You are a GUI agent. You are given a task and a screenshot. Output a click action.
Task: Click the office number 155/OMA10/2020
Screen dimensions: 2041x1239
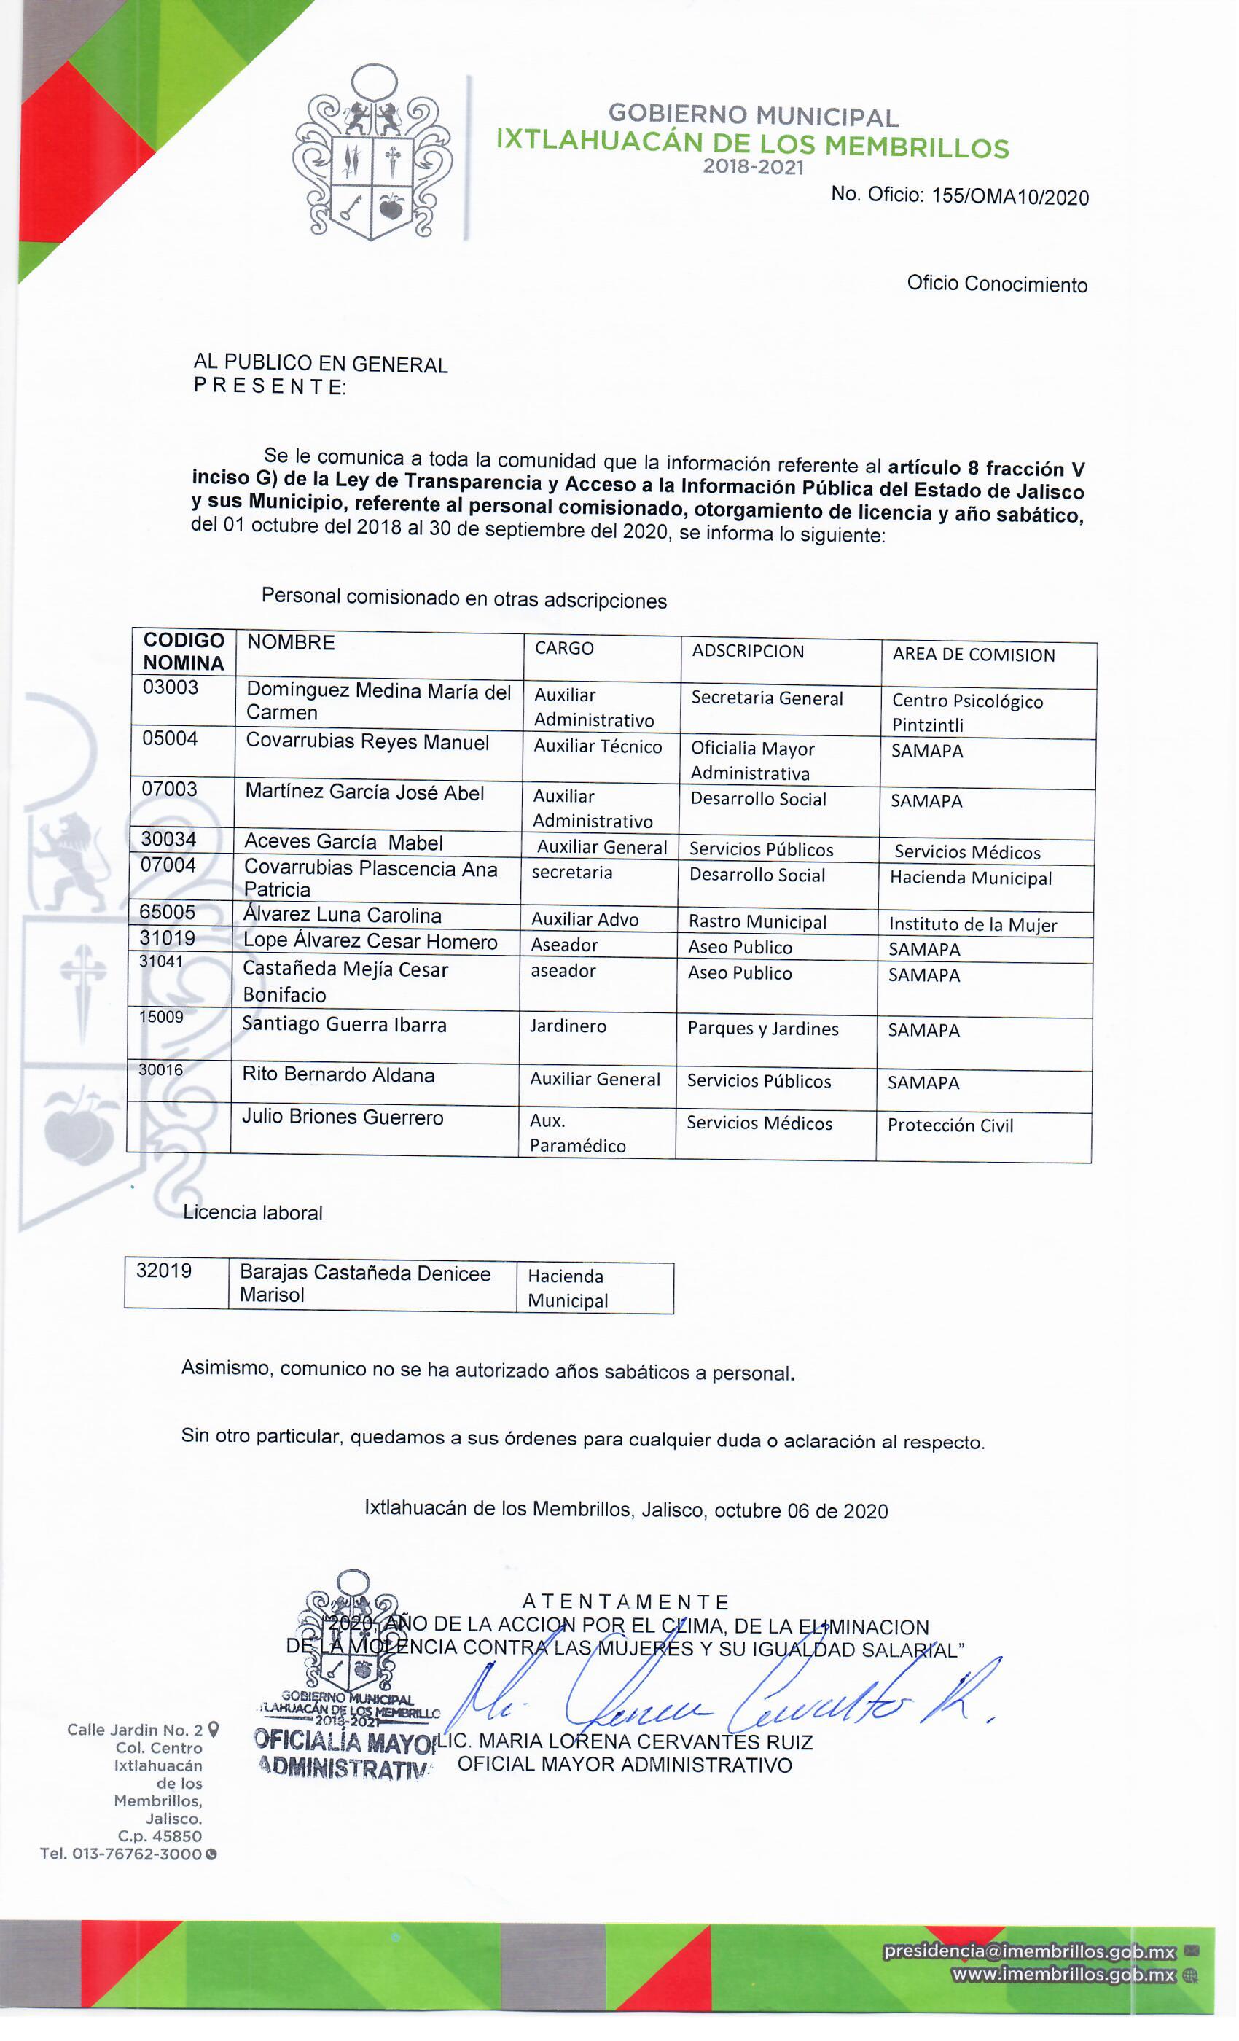pos(1009,196)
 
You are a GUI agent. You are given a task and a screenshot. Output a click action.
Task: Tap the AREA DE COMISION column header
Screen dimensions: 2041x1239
pos(973,655)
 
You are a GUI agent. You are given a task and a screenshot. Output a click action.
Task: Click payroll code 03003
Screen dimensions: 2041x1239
pos(171,687)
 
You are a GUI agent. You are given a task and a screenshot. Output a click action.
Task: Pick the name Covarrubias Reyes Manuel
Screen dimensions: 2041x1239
pos(367,742)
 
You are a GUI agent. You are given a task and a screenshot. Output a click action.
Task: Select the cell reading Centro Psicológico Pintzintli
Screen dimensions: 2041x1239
pos(966,712)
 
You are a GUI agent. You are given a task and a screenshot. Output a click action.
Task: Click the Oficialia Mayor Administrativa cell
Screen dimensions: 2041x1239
pos(752,760)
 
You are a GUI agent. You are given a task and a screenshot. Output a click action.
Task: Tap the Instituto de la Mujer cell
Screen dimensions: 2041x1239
pos(972,924)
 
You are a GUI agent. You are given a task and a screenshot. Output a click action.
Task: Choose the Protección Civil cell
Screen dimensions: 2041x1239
pos(950,1125)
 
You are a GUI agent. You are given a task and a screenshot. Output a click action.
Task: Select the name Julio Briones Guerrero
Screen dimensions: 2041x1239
pos(342,1117)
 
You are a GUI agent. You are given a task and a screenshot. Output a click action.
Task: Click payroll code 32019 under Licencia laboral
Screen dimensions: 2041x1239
pos(164,1271)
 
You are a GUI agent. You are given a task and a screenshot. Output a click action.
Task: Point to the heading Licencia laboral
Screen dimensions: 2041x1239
pos(253,1213)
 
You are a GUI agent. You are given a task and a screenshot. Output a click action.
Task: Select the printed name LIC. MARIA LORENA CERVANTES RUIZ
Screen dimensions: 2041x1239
pos(625,1742)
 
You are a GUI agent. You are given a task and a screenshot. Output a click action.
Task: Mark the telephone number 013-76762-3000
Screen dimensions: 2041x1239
pos(137,1854)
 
